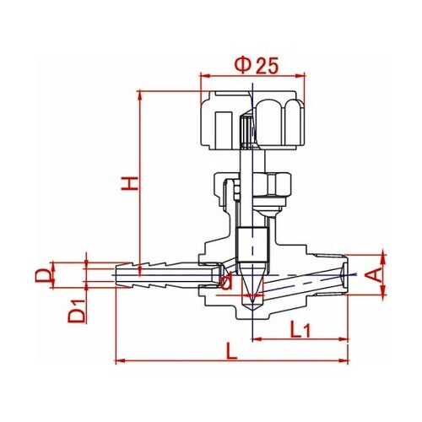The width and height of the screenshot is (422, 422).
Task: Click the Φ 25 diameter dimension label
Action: [257, 66]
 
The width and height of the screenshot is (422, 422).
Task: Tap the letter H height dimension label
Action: [130, 183]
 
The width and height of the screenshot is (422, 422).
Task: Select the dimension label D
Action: [43, 275]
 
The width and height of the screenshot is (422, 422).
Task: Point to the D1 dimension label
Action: [77, 311]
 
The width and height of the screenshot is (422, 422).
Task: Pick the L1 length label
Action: [300, 329]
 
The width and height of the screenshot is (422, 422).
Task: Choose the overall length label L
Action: [232, 351]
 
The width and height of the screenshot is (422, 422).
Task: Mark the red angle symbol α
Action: [226, 281]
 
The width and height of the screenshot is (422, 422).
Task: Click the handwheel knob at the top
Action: [252, 120]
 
